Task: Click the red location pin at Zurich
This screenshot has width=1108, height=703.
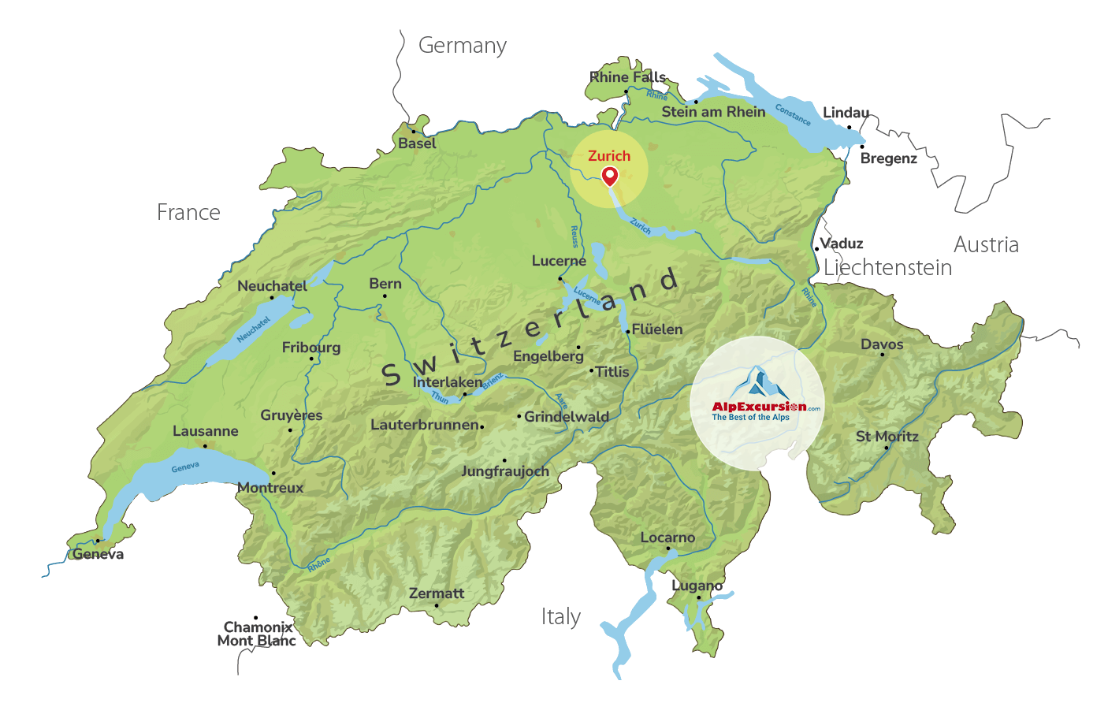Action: click(x=610, y=176)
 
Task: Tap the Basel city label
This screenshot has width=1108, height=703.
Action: click(x=417, y=143)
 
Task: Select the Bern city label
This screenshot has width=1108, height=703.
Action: click(x=385, y=284)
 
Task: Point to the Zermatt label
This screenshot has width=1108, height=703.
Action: click(x=437, y=593)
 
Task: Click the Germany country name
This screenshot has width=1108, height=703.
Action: click(x=462, y=46)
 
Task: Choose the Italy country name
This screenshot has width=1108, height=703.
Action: click(x=561, y=616)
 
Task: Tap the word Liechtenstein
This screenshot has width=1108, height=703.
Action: click(x=887, y=268)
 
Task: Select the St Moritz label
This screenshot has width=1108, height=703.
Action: click(x=887, y=437)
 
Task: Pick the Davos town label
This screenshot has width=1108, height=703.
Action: click(x=882, y=344)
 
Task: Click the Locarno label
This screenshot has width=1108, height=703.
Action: click(x=667, y=537)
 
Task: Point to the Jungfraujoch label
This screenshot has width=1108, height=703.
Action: click(x=505, y=471)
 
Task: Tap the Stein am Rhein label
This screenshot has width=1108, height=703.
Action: click(x=713, y=112)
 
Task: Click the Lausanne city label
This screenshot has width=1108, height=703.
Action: click(x=206, y=431)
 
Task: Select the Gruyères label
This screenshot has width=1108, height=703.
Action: click(x=292, y=415)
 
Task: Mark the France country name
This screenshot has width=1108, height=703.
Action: click(x=188, y=213)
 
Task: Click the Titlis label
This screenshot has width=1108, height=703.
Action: click(x=612, y=372)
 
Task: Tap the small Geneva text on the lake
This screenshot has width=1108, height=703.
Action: click(x=185, y=467)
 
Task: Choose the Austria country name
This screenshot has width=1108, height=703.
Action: click(x=986, y=245)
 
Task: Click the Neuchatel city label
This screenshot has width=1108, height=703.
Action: click(x=273, y=286)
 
